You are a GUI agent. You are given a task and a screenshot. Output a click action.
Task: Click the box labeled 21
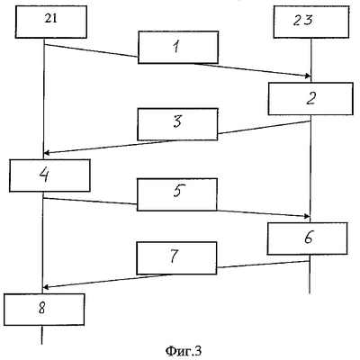point(51,22)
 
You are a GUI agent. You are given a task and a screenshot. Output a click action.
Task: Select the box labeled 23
point(311,22)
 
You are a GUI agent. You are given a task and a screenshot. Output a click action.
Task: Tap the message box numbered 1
point(178,47)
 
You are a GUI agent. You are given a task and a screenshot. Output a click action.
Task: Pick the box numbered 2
point(310,99)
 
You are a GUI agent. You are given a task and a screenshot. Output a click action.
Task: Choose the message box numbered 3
point(177,124)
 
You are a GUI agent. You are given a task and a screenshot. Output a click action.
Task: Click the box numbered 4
point(49,175)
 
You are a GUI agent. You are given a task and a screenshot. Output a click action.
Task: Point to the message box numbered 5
point(177,194)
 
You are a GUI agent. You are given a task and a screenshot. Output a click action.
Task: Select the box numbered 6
point(308,238)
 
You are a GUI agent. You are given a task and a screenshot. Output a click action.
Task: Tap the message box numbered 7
point(176,258)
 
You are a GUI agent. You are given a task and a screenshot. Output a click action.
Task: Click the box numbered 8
point(44,310)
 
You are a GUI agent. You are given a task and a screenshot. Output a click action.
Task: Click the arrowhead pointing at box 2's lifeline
point(308,76)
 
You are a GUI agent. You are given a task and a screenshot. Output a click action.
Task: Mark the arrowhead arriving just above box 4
point(46,153)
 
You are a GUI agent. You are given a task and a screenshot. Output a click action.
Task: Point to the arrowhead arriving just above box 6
point(307,216)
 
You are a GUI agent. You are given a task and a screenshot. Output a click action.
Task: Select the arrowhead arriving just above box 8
point(46,287)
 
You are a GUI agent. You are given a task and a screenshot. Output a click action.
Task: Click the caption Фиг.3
point(183,351)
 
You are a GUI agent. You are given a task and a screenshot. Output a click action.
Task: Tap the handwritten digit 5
point(178,191)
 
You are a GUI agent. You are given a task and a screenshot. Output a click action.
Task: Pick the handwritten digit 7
point(175,256)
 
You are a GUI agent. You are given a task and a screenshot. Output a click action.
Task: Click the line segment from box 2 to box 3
point(264,127)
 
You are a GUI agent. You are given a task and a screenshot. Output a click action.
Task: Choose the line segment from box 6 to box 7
point(263,265)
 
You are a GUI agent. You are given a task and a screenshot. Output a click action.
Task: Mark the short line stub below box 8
point(41,335)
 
